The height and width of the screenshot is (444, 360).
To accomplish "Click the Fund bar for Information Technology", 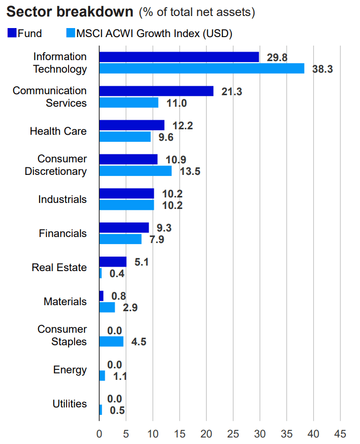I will click(x=179, y=57).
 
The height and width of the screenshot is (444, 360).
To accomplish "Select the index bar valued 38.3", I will click(x=201, y=69).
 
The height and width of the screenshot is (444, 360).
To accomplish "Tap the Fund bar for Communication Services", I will click(x=156, y=91).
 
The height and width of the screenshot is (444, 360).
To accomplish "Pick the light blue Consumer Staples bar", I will click(x=111, y=341).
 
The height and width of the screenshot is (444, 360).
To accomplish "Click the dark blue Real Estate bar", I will click(x=113, y=262).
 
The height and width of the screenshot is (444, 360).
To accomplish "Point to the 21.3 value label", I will click(x=231, y=92).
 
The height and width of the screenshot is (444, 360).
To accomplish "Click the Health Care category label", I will click(x=58, y=131).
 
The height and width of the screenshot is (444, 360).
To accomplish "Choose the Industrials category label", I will click(x=62, y=199).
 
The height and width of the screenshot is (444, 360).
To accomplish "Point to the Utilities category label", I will click(x=69, y=404).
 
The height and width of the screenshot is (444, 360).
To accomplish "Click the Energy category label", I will click(x=70, y=370).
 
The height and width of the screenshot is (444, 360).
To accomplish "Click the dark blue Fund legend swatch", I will click(x=12, y=34).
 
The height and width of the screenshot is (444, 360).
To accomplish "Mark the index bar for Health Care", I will click(x=125, y=137).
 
